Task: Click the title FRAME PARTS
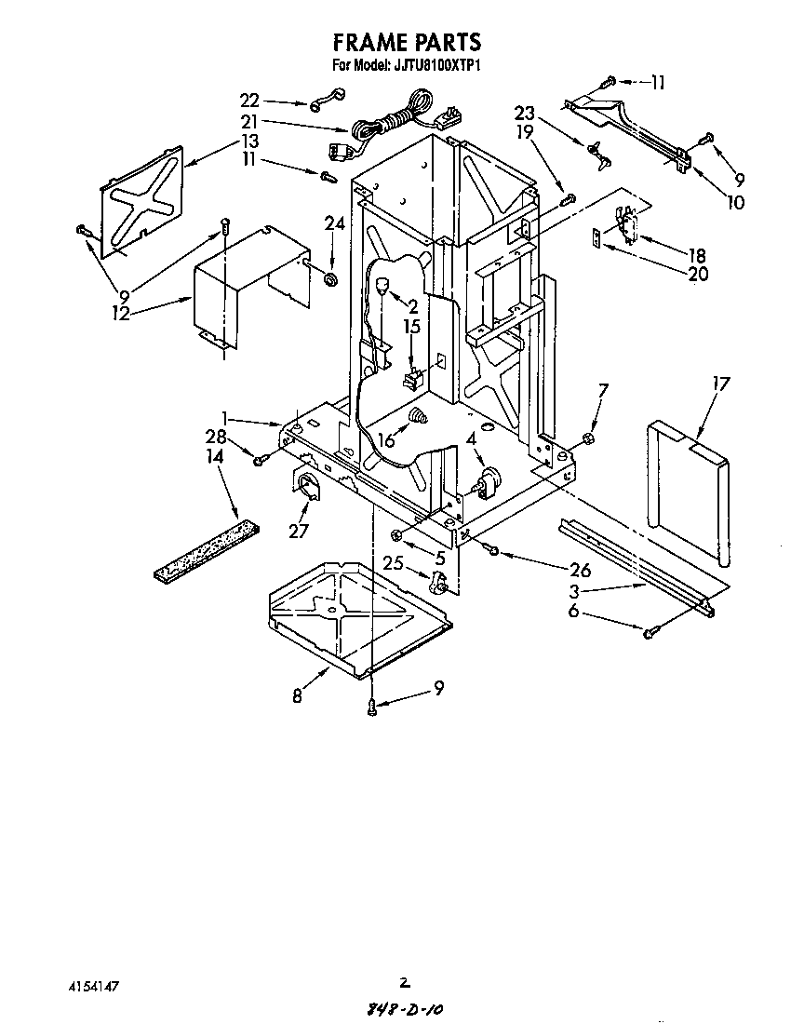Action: click(x=407, y=42)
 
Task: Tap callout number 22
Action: click(x=250, y=101)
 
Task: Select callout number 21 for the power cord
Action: click(x=249, y=122)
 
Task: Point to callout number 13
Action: click(x=249, y=141)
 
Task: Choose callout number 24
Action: click(x=333, y=222)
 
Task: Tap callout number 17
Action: click(x=721, y=383)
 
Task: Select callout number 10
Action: click(x=737, y=201)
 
